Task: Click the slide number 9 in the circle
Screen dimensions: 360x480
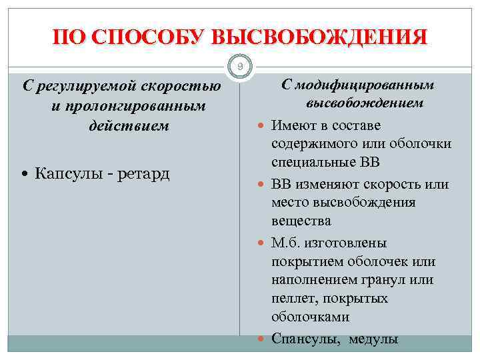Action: click(x=240, y=66)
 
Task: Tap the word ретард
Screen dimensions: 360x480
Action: click(x=143, y=174)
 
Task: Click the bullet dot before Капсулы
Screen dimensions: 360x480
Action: click(x=25, y=175)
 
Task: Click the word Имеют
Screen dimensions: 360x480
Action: click(x=295, y=125)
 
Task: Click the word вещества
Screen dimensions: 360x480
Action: click(x=301, y=220)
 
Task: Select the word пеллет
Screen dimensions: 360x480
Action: click(x=293, y=298)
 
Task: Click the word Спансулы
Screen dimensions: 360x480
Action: click(x=303, y=339)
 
